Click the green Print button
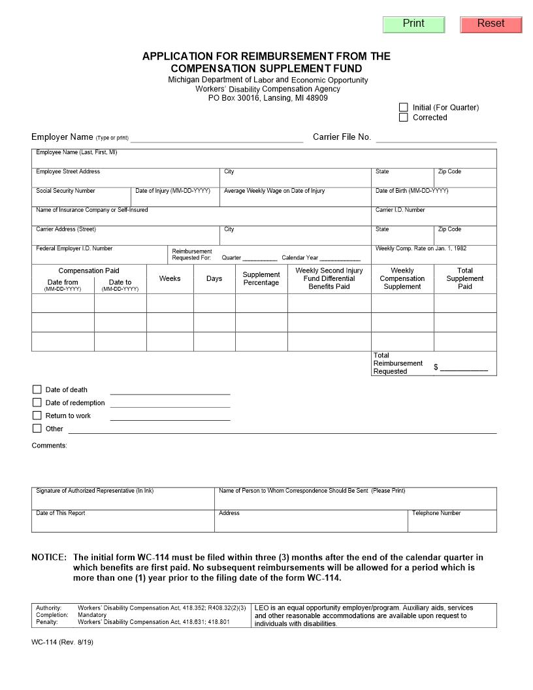click(x=413, y=24)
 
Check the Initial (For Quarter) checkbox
click(x=404, y=107)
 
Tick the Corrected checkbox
click(x=404, y=118)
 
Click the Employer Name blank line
click(x=217, y=138)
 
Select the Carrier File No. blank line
click(x=436, y=138)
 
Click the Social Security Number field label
click(x=65, y=191)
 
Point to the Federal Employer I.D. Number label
click(x=74, y=248)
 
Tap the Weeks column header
click(x=170, y=278)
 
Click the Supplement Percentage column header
click(x=261, y=279)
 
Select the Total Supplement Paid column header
click(x=465, y=278)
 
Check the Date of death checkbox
click(x=37, y=389)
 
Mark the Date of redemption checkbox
click(x=37, y=402)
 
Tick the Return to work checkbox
click(x=37, y=416)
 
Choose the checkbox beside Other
click(x=37, y=429)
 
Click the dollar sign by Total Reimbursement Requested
click(x=436, y=367)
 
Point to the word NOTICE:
click(x=49, y=557)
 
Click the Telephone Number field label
click(x=436, y=513)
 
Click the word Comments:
click(x=50, y=446)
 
